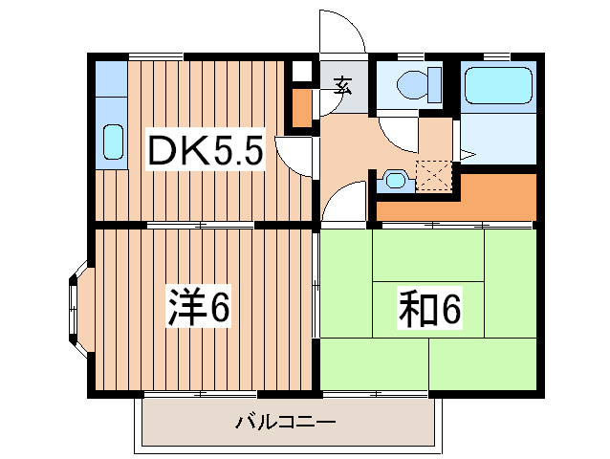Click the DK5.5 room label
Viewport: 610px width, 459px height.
pyautogui.click(x=204, y=150)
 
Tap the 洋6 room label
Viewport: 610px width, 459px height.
pyautogui.click(x=199, y=307)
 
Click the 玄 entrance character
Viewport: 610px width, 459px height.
pyautogui.click(x=342, y=84)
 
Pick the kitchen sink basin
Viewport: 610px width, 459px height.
pyautogui.click(x=113, y=142)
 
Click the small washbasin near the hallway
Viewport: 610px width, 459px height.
pyautogui.click(x=393, y=179)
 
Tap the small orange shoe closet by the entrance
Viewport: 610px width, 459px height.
pyautogui.click(x=301, y=108)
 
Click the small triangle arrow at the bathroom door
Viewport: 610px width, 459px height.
pyautogui.click(x=468, y=153)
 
